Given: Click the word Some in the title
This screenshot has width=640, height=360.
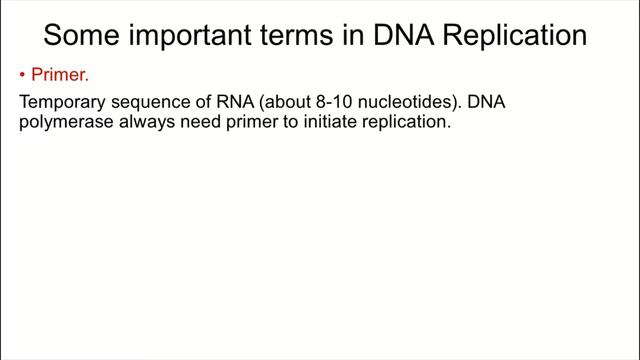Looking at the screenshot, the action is (x=82, y=35).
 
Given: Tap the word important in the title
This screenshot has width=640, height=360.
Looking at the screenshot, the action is (x=190, y=36).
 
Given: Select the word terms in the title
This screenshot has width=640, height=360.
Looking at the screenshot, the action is (x=297, y=36).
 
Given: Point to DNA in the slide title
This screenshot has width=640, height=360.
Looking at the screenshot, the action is (x=404, y=35).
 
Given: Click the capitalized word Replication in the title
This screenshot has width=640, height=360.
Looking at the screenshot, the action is (x=515, y=36).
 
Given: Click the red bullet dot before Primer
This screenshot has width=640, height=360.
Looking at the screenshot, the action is (x=22, y=75).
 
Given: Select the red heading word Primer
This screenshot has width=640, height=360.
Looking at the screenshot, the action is (x=60, y=74).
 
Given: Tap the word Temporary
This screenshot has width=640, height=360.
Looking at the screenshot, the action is (x=62, y=102).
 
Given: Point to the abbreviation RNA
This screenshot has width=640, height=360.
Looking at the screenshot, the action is (x=235, y=102).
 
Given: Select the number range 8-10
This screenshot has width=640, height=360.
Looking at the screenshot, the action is (x=334, y=102).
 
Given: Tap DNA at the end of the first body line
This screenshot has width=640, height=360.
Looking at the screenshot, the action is (x=486, y=102).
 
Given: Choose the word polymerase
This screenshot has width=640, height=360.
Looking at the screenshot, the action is (x=66, y=122).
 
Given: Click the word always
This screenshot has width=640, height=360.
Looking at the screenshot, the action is (x=147, y=122).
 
